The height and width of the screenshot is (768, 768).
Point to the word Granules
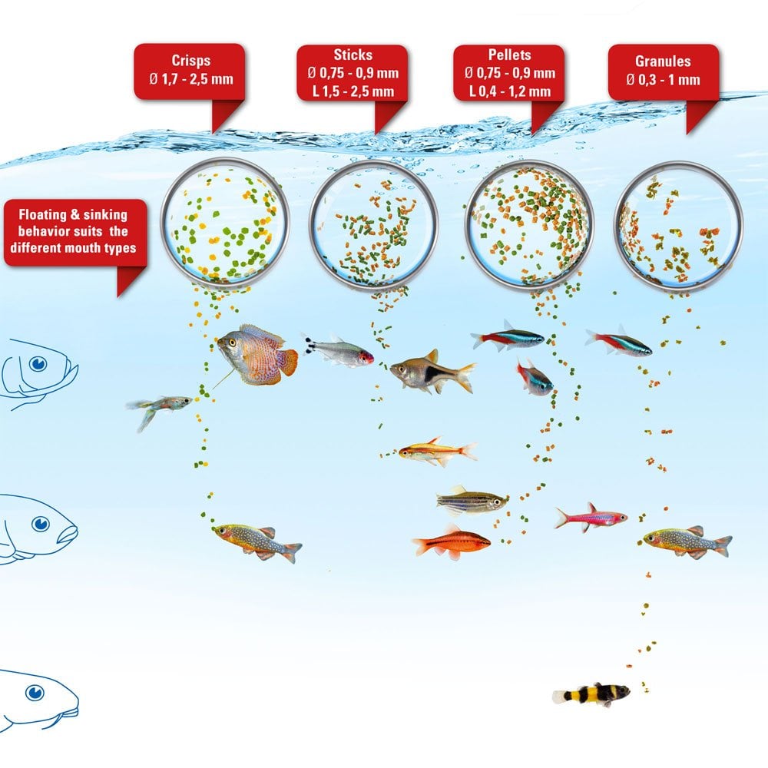(x=664, y=61)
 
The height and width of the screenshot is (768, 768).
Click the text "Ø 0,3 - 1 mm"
(x=664, y=79)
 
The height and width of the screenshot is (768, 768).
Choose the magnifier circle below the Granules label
(x=679, y=226)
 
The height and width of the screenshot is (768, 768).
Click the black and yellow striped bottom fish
(x=592, y=694)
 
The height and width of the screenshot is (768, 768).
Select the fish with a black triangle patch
(x=430, y=372)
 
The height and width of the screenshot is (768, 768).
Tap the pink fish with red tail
(x=591, y=518)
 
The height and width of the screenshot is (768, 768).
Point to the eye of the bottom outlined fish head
(x=34, y=694)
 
